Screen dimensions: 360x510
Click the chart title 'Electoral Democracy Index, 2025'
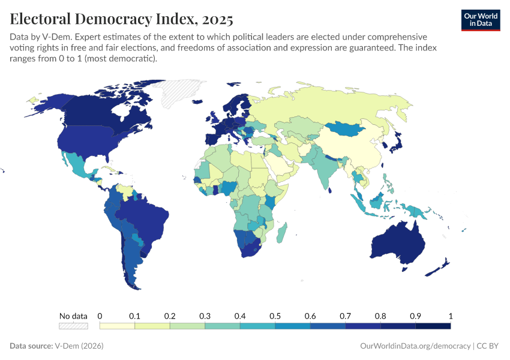tap(121, 19)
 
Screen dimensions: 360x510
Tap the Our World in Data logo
tap(480, 20)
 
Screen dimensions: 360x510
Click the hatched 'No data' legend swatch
tap(73, 326)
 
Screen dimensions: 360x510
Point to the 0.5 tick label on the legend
tap(275, 316)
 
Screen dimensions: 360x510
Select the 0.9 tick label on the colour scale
tap(415, 316)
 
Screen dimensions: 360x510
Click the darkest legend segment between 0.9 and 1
tap(433, 326)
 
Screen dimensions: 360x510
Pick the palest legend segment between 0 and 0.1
tap(117, 326)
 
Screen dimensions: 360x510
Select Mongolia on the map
tap(346, 130)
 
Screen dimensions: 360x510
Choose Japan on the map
tap(396, 142)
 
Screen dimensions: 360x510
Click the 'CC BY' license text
tap(488, 346)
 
